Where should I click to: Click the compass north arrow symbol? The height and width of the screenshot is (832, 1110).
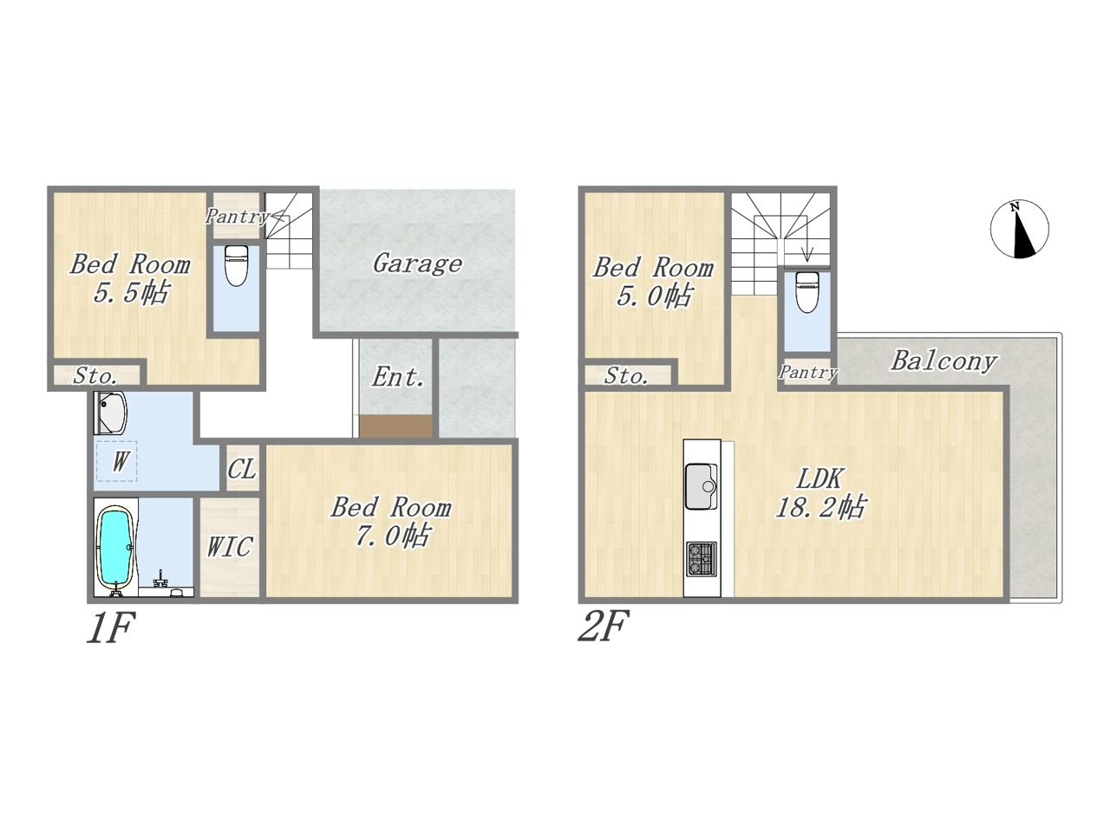pos(1019,229)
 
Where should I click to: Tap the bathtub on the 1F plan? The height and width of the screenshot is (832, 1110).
pos(115,548)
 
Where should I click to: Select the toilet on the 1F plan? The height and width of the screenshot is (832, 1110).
pos(236,266)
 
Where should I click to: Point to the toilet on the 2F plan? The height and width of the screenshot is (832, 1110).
pos(807,292)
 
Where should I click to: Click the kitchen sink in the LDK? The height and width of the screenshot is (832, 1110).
pos(702,486)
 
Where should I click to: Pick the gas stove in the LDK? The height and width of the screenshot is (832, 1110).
pos(702,559)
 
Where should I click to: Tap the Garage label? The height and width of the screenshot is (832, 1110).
pos(417,263)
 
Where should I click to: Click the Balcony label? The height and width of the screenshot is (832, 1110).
pos(943,361)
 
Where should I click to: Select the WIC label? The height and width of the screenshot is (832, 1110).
pos(230,547)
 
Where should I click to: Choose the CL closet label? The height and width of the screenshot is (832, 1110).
pos(242,470)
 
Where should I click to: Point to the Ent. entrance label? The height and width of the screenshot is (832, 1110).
pos(397,377)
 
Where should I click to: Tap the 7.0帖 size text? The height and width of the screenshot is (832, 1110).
pos(392,535)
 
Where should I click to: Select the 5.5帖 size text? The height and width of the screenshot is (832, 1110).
pos(130,292)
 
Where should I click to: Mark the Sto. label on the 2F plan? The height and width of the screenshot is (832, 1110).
pos(626,376)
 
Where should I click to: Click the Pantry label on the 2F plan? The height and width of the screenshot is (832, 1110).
pos(807,373)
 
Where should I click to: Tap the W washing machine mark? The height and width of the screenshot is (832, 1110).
pos(120,461)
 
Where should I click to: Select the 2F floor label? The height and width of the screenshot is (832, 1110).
pos(604,626)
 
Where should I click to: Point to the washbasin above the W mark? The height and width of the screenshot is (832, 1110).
pos(111,413)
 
